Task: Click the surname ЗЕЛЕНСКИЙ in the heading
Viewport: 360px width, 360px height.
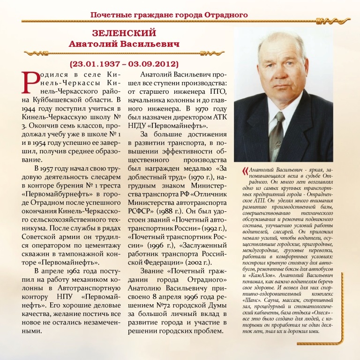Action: click(x=124, y=34)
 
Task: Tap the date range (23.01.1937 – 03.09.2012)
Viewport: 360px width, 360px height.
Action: click(x=124, y=63)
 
